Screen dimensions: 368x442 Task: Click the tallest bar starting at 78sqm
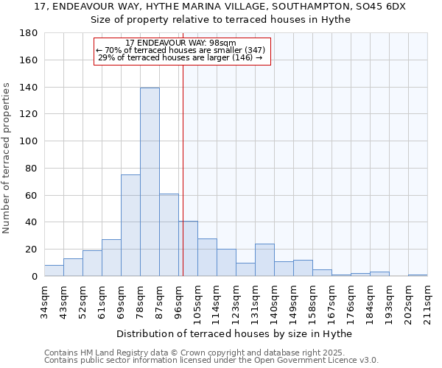pyautogui.click(x=150, y=182)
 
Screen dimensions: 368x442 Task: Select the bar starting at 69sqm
pyautogui.click(x=130, y=225)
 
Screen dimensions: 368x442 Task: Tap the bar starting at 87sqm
pyautogui.click(x=169, y=235)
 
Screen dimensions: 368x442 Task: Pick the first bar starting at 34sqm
pyautogui.click(x=54, y=270)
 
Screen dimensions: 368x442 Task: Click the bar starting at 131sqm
pyautogui.click(x=264, y=260)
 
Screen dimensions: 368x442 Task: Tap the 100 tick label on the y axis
pyautogui.click(x=30, y=141)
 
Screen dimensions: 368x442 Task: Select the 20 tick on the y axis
pyautogui.click(x=32, y=250)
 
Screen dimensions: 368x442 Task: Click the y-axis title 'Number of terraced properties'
pyautogui.click(x=7, y=158)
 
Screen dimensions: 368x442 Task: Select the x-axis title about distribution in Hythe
pyautogui.click(x=234, y=333)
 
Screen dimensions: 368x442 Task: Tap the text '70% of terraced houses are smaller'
pyautogui.click(x=180, y=50)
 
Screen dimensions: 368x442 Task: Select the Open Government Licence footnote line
pyautogui.click(x=211, y=360)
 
